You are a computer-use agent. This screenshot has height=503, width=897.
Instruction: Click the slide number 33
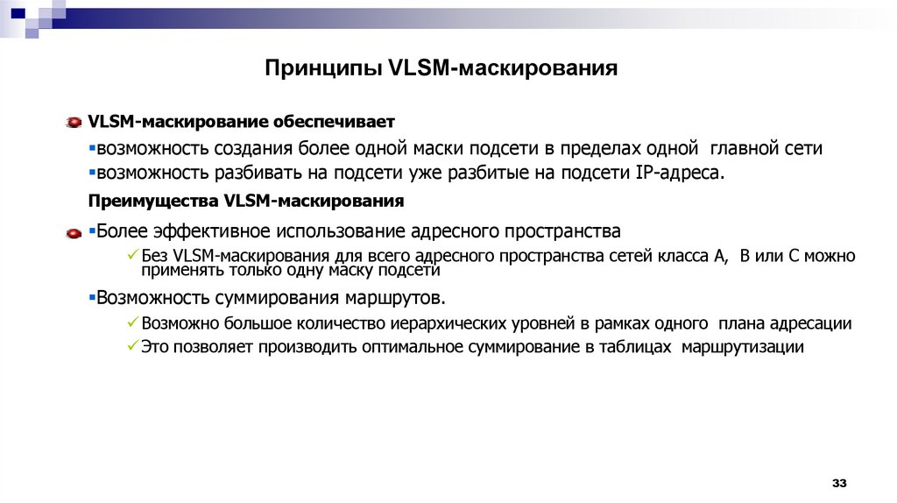click(x=839, y=484)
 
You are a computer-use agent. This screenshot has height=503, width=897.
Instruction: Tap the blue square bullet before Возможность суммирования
click(x=91, y=296)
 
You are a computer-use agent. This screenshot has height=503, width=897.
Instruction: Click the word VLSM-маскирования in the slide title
click(x=502, y=68)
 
